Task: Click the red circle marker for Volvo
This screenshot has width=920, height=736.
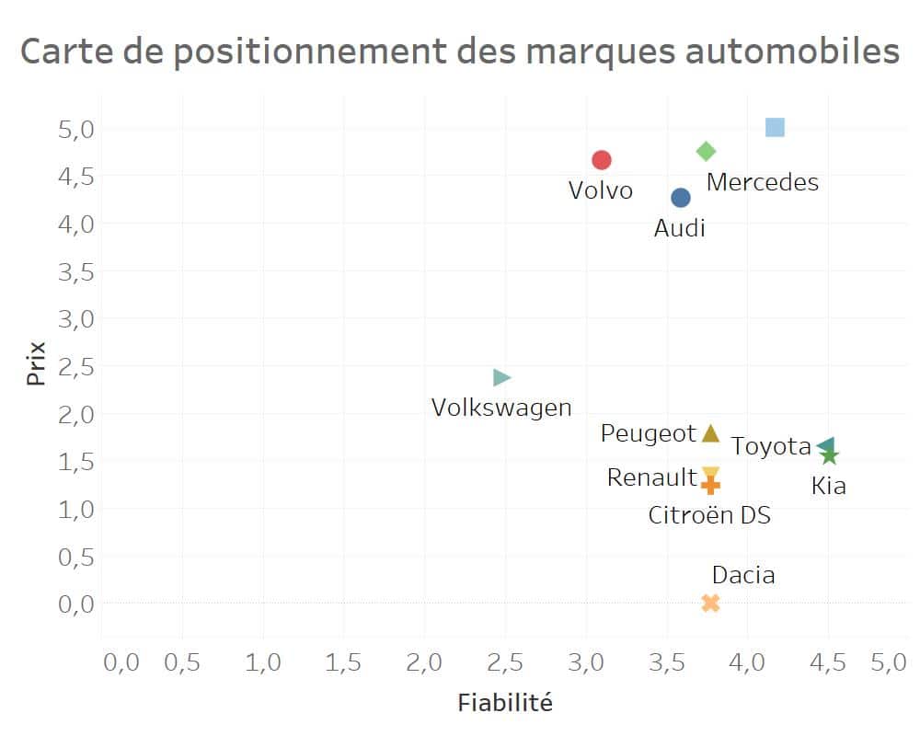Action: click(x=602, y=160)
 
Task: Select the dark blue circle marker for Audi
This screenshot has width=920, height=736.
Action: click(x=681, y=198)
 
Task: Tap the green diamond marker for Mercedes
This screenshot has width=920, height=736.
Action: click(x=707, y=151)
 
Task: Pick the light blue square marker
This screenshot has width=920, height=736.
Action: click(x=775, y=127)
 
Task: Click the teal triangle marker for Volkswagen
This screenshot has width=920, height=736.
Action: click(x=501, y=377)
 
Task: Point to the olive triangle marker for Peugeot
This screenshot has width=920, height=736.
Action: click(x=710, y=433)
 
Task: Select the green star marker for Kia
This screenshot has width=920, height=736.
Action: click(x=830, y=455)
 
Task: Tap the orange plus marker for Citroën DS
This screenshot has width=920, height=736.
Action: click(x=710, y=485)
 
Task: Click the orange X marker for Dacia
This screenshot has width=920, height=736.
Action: click(x=710, y=604)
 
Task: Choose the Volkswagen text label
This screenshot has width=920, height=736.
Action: click(x=501, y=408)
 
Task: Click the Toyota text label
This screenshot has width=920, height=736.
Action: click(x=771, y=447)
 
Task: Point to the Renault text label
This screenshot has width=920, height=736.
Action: click(x=651, y=477)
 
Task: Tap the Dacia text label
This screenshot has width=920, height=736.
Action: click(x=743, y=576)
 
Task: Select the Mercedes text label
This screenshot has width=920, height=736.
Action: click(x=762, y=182)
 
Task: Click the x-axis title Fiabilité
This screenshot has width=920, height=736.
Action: click(x=505, y=704)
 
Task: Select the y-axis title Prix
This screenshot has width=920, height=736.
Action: click(x=36, y=363)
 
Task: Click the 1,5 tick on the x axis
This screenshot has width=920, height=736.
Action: click(x=343, y=662)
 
